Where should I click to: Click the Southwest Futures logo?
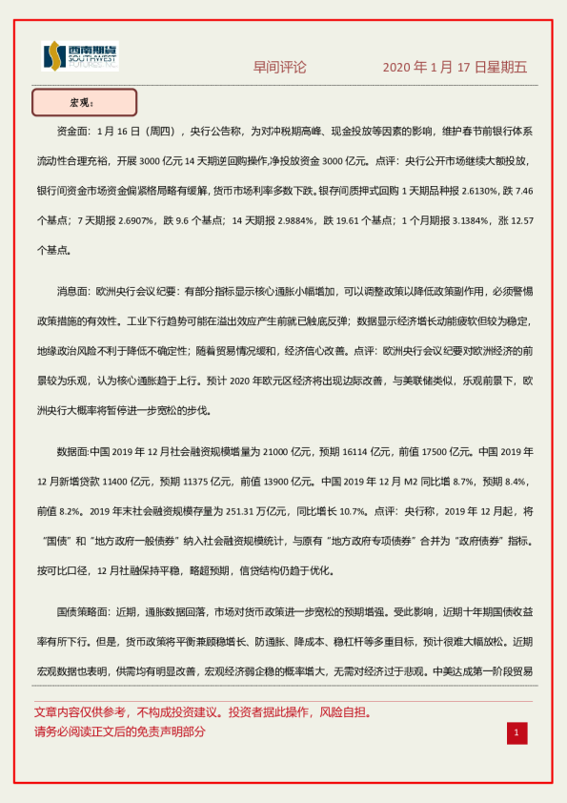coord(80,56)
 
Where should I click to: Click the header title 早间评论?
coord(279,68)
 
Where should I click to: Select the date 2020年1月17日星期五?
coord(455,68)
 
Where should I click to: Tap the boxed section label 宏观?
coord(85,102)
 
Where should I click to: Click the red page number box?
coord(516,732)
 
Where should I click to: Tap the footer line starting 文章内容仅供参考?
coord(202,712)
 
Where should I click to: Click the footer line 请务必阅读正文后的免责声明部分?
coord(119,731)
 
